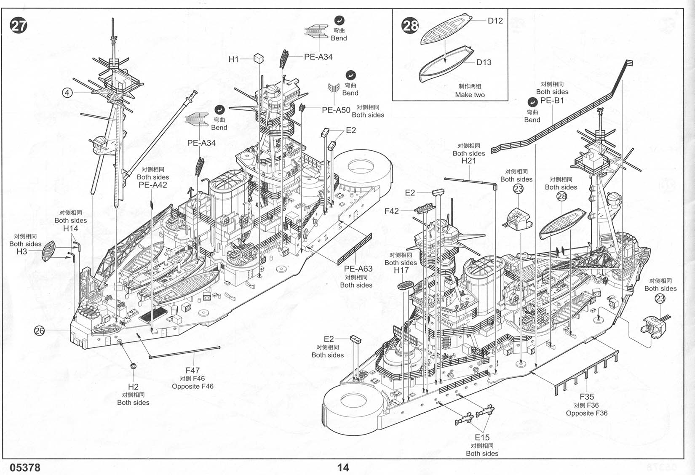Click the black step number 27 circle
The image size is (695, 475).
(x=19, y=26)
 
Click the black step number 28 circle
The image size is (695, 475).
(x=410, y=26)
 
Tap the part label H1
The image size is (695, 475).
(x=233, y=59)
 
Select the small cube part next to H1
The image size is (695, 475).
(x=259, y=59)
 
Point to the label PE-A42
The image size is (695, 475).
(x=152, y=185)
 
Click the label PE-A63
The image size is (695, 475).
(x=358, y=269)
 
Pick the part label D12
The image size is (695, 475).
(x=495, y=21)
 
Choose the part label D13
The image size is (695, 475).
(x=484, y=62)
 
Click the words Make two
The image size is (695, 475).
(x=470, y=95)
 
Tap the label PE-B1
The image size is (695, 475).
(x=552, y=100)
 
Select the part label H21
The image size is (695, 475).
(x=468, y=160)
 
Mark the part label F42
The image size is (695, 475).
(x=391, y=211)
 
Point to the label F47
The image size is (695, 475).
(x=192, y=371)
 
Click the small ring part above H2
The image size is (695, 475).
(x=133, y=366)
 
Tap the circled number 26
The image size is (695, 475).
(x=39, y=331)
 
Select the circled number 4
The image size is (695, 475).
(x=67, y=93)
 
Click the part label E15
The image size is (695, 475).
(x=482, y=438)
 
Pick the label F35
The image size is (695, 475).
(x=586, y=397)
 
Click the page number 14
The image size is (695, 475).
(x=343, y=467)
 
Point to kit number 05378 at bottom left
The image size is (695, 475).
(x=25, y=468)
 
